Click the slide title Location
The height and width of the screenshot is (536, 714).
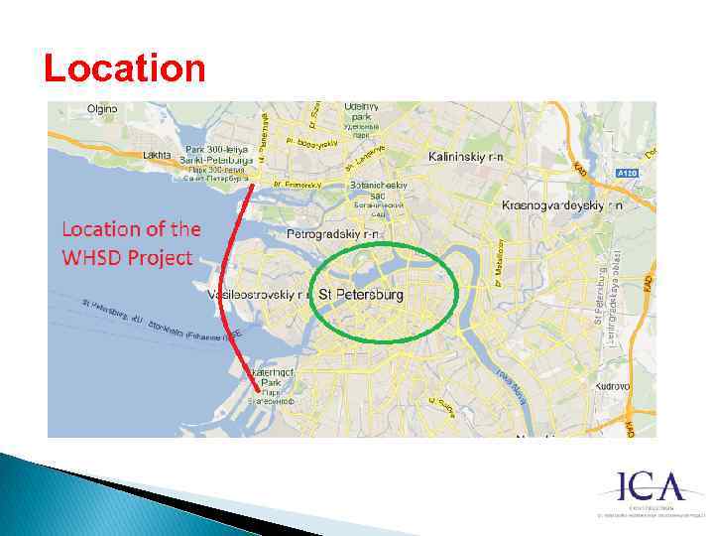[125, 68]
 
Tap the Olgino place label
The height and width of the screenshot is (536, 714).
[102, 108]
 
